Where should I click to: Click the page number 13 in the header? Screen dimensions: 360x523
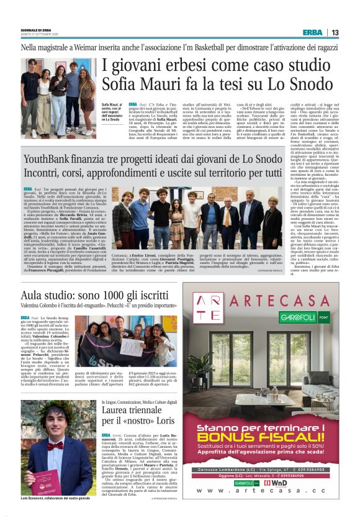click(335, 32)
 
